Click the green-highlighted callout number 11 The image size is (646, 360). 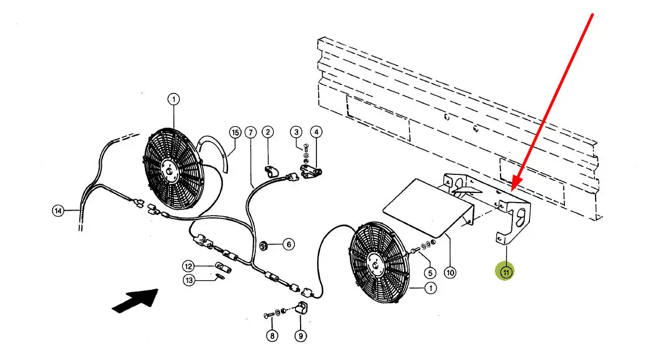(506, 272)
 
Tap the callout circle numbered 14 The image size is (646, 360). (58, 211)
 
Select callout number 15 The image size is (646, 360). (236, 132)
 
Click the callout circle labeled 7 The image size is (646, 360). (250, 132)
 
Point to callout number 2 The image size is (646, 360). (268, 132)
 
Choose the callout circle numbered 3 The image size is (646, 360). (296, 132)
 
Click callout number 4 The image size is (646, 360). (316, 132)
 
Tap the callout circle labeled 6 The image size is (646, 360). (288, 245)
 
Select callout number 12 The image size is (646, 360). (189, 267)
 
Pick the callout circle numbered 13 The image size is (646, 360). (189, 281)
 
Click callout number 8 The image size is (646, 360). (272, 336)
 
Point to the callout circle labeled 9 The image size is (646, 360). (301, 336)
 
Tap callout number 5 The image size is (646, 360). (430, 273)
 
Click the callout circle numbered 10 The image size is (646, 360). (450, 272)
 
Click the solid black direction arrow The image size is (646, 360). (135, 301)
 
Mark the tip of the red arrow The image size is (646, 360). (512, 190)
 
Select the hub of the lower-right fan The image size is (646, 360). (376, 264)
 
